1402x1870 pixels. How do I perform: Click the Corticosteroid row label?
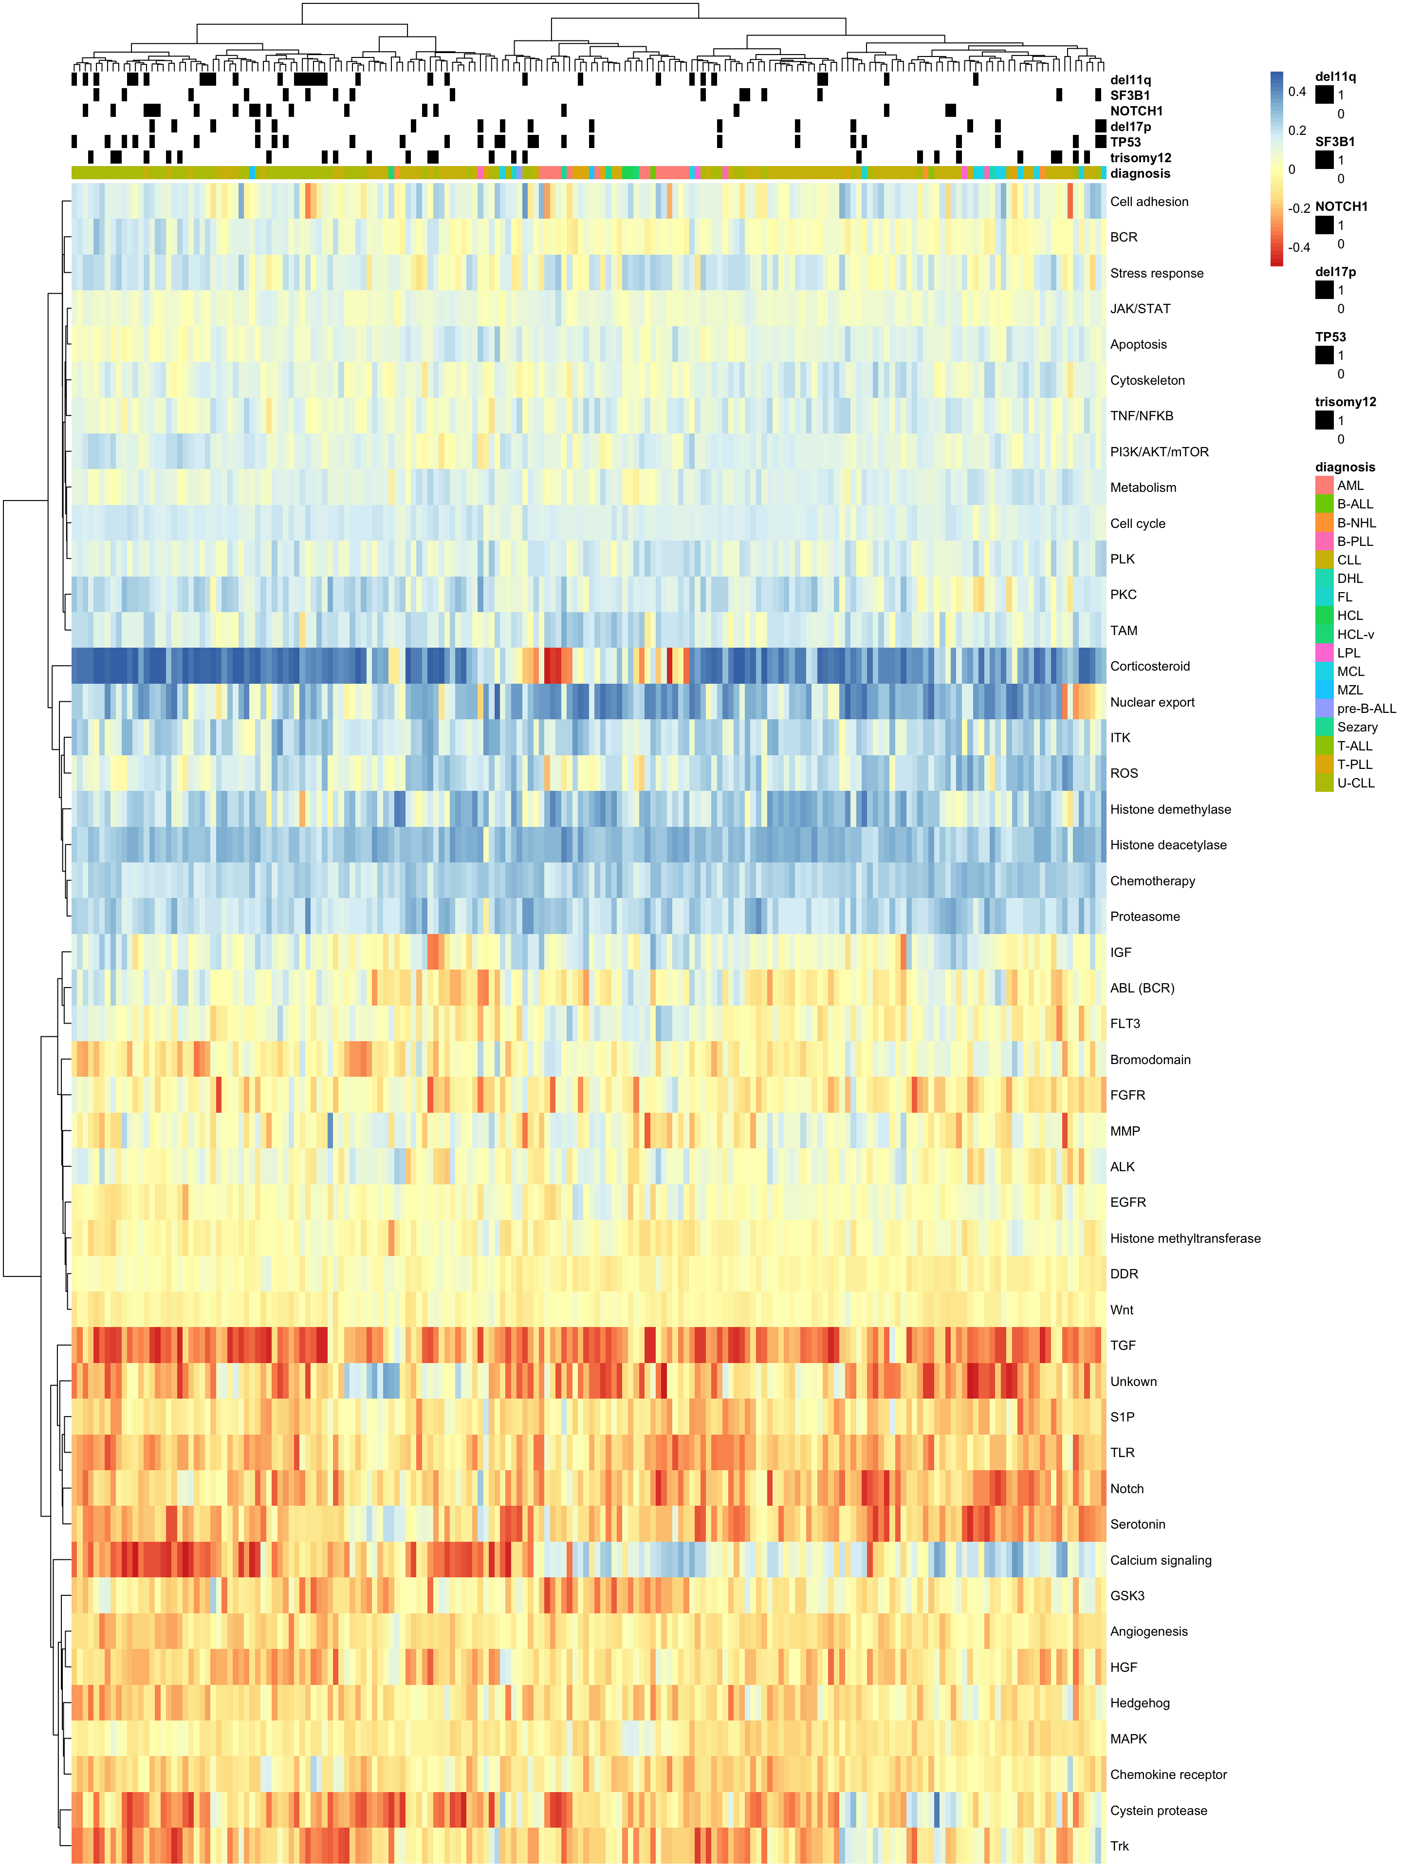[1149, 666]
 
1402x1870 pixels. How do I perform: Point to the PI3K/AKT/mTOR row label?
[1159, 451]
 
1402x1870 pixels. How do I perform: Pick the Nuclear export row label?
[1152, 702]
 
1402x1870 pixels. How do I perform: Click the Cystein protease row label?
[1158, 1810]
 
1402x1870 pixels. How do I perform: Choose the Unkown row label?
[1133, 1382]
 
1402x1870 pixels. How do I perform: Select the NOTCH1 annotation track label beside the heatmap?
[1136, 111]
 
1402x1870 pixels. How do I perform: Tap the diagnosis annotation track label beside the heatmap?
[1140, 173]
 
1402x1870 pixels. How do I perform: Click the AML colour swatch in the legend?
[1324, 485]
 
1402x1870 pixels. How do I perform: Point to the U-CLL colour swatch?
[1324, 783]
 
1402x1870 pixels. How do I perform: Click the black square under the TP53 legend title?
[1324, 355]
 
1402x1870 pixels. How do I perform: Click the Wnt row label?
[1122, 1309]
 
